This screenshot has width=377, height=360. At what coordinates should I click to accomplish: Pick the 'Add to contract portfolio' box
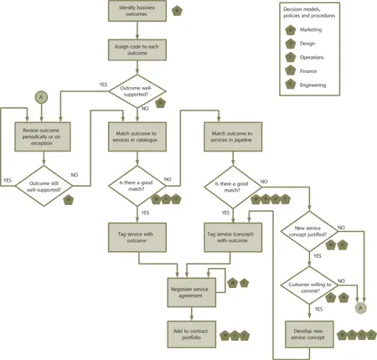192,333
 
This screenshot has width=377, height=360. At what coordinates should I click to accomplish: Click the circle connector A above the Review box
39,98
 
